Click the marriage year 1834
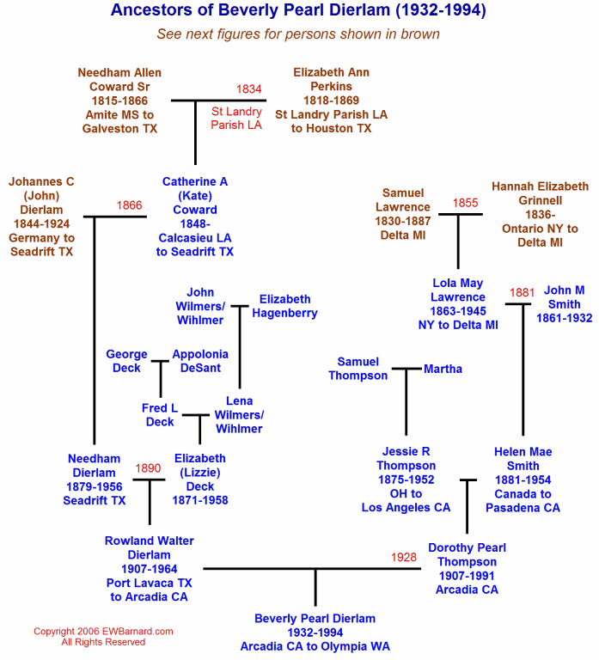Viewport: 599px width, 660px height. pos(248,89)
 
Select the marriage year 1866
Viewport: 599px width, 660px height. pos(129,205)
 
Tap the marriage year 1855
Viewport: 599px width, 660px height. pos(465,203)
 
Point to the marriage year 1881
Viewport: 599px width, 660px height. pos(522,292)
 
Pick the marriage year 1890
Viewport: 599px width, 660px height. pos(148,468)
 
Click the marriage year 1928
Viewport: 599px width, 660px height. pos(404,557)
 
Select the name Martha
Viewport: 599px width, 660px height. pos(443,370)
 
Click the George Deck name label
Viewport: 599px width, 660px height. pos(126,361)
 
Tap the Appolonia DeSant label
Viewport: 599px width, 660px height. pos(200,361)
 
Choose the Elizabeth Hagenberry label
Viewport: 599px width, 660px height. pos(285,306)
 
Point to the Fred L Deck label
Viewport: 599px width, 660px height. pos(160,415)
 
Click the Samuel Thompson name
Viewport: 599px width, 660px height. pos(358,369)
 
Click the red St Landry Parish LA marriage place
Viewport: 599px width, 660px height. pos(236,119)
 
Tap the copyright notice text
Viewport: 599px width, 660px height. pos(103,637)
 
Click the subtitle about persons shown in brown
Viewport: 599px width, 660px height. pos(298,34)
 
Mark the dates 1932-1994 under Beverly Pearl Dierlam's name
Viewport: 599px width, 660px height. pos(315,632)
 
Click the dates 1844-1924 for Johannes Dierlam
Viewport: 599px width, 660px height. pos(41,224)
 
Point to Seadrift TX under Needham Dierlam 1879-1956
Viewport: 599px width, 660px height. pos(95,500)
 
